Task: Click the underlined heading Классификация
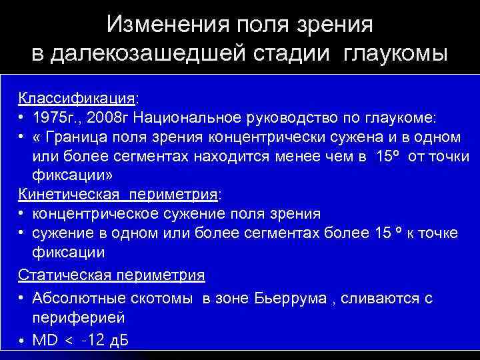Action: click(x=76, y=98)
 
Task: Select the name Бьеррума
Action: click(x=291, y=298)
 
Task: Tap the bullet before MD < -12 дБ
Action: click(x=22, y=341)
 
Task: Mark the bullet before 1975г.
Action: click(x=22, y=117)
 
